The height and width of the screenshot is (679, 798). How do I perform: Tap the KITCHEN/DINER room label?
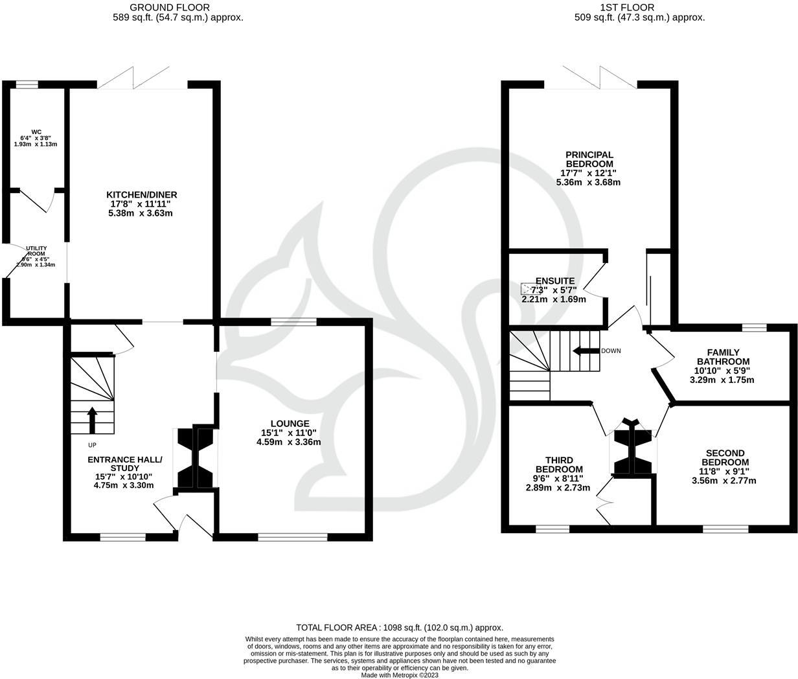142,194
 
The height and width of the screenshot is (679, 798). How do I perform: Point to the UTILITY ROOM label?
36,251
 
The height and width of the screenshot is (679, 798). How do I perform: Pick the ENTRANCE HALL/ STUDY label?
124,464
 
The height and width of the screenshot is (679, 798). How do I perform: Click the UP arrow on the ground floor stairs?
92,419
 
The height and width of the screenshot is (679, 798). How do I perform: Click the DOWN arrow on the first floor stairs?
586,351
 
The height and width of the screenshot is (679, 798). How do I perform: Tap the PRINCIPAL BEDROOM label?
589,159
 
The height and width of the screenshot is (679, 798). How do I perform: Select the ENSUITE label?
554,281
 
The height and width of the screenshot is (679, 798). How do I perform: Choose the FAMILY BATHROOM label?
723,357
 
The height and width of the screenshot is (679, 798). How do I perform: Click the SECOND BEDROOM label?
725,457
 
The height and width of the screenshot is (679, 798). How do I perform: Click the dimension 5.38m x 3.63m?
142,213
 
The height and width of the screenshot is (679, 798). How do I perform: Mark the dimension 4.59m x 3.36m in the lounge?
289,442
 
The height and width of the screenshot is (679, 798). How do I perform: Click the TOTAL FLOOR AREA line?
399,627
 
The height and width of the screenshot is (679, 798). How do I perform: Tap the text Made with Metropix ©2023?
399,674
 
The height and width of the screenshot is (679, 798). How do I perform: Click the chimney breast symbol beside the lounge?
194,457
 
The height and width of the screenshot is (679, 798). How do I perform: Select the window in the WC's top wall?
27,84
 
